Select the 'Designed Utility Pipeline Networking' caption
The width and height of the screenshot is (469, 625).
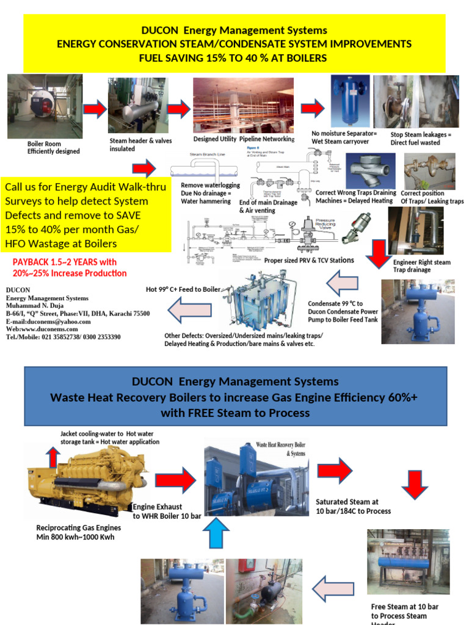[x=244, y=139]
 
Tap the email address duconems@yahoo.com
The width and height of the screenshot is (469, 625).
[x=48, y=322]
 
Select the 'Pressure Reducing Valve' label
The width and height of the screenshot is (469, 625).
[x=333, y=223]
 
